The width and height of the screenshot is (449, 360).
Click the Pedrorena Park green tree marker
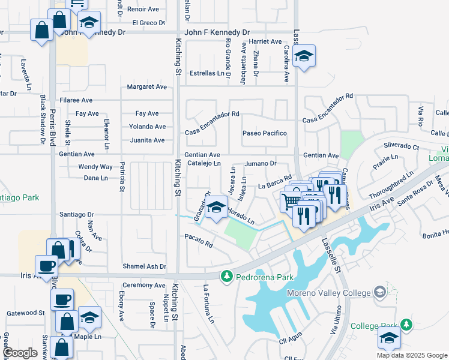226,277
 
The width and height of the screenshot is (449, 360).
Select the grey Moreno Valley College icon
379,292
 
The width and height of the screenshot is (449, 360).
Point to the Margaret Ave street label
146,87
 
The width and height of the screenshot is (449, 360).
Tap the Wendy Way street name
95,167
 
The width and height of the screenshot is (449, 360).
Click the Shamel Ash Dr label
144,266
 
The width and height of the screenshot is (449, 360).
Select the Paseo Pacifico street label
264,133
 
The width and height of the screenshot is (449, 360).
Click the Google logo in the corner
20,353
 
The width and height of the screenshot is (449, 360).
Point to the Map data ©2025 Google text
412,355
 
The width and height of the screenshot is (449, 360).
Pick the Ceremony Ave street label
143,285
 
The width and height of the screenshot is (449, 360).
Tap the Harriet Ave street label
265,42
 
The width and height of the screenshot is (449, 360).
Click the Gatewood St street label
25,313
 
